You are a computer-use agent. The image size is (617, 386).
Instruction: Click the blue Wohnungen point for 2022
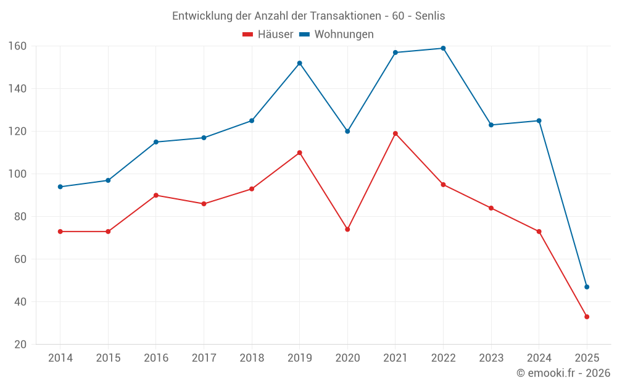tap(443, 48)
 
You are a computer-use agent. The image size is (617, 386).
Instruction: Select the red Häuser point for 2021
tap(395, 133)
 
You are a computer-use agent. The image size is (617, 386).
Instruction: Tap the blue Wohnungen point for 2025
tap(587, 287)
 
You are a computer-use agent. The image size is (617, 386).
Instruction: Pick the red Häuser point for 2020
tap(347, 229)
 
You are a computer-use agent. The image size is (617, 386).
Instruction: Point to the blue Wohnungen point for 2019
tap(299, 63)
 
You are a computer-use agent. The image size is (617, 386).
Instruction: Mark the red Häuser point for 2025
tap(587, 317)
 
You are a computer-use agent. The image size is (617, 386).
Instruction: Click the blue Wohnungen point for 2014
tap(60, 187)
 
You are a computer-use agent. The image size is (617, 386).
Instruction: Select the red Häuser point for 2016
tap(155, 195)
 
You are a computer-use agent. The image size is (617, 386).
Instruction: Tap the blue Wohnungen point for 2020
tap(347, 131)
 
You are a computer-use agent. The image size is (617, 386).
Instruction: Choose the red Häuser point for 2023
tap(491, 208)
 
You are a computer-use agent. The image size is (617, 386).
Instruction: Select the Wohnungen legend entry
tap(337, 35)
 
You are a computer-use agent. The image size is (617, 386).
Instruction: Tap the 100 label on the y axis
tap(17, 174)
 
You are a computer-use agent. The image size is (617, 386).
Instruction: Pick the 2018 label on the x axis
tap(252, 358)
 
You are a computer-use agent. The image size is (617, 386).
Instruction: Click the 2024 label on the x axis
tap(539, 358)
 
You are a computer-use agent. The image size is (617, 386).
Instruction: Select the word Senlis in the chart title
tap(430, 16)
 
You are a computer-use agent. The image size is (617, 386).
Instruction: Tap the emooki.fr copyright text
tap(563, 373)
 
